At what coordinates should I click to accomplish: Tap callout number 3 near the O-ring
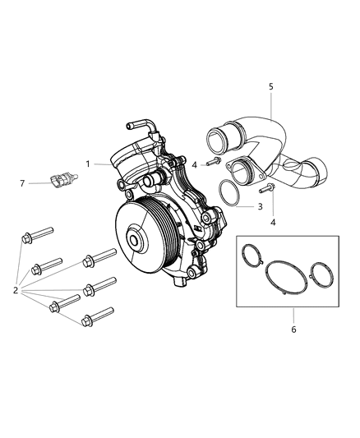coord(260,206)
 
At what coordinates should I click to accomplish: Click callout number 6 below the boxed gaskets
coord(293,330)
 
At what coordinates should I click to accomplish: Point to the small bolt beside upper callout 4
coord(210,161)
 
